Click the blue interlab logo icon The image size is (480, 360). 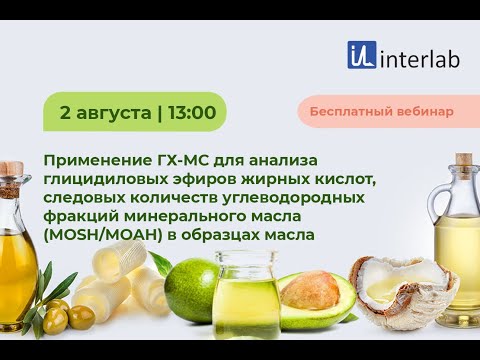362,55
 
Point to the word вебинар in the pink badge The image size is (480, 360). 426,111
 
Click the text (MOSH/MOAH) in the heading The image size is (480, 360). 99,235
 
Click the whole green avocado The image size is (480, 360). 191,290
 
